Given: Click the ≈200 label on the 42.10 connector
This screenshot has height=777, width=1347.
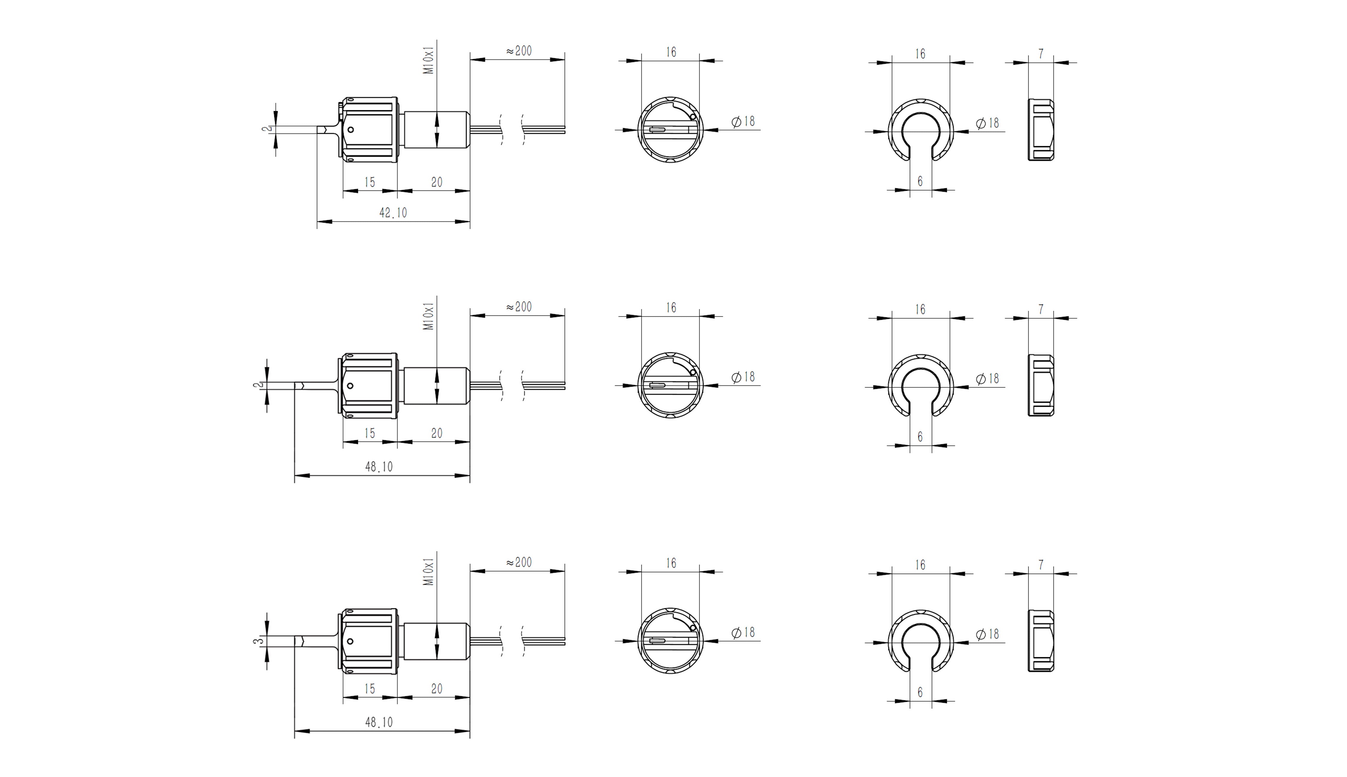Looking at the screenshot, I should [x=519, y=51].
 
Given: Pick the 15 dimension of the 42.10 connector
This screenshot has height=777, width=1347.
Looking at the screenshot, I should [x=370, y=182].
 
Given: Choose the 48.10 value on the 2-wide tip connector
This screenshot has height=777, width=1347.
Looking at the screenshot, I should [x=379, y=467].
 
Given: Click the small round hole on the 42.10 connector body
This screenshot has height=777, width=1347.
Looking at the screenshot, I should [x=350, y=130].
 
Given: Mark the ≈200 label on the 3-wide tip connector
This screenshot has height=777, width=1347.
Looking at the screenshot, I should [x=519, y=562].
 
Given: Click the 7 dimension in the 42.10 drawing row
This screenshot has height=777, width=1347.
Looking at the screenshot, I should [x=1041, y=54].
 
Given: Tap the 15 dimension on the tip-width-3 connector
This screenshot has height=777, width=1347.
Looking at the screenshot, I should [x=370, y=689].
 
